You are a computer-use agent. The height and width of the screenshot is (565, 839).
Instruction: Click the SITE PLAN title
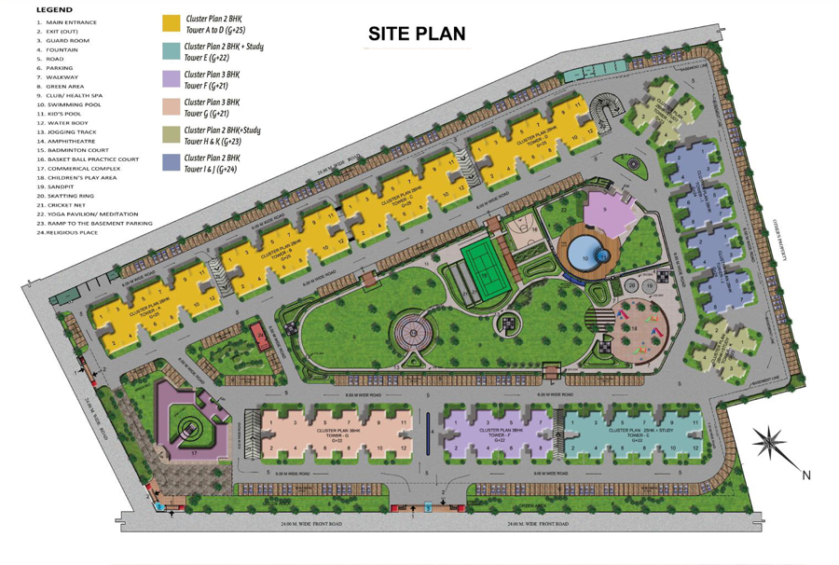[416, 34]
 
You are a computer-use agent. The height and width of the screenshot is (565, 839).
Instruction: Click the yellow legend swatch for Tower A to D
[171, 23]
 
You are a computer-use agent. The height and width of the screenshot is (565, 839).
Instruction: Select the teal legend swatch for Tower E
[171, 50]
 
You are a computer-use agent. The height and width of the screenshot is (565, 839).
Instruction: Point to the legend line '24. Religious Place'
[67, 232]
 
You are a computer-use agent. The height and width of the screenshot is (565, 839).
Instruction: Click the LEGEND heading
[54, 9]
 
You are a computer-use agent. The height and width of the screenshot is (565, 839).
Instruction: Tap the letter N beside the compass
[806, 475]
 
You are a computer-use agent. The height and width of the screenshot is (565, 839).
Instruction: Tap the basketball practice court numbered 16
[523, 227]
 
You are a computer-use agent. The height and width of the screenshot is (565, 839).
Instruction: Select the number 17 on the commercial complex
[195, 454]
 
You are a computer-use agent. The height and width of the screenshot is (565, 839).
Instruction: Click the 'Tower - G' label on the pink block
[333, 434]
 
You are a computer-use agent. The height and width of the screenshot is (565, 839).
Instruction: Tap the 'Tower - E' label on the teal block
[638, 434]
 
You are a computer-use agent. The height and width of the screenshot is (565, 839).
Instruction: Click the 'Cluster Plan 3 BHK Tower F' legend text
[213, 79]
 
